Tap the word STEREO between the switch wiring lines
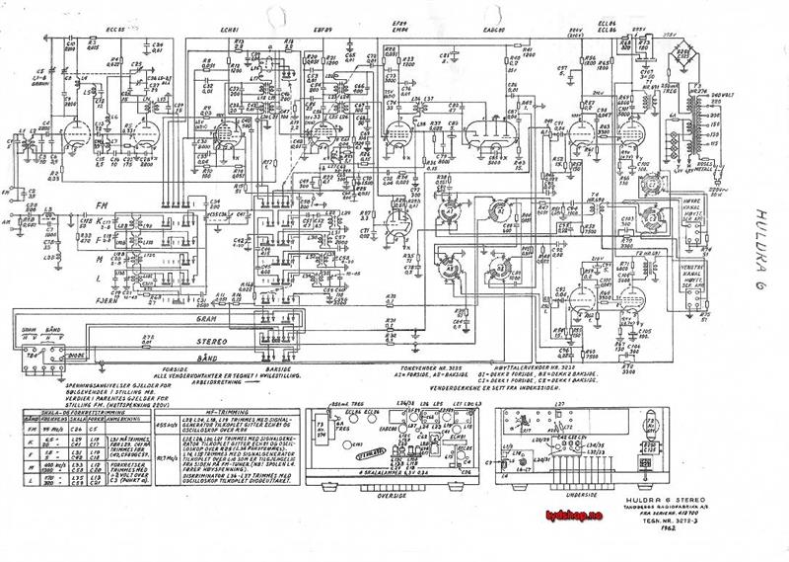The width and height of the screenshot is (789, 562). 208,340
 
